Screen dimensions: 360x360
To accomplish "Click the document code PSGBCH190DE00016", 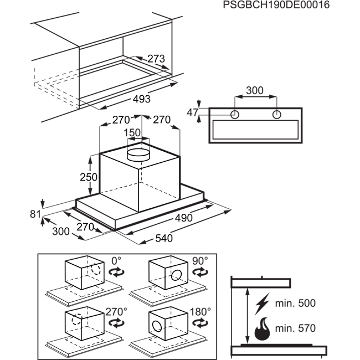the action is click(276, 5).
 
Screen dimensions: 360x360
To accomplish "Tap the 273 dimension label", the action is click(156, 59).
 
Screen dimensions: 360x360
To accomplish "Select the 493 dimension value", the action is click(142, 99).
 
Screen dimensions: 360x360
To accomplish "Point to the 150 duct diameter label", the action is click(132, 133).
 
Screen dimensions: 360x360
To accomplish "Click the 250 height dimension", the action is click(89, 177).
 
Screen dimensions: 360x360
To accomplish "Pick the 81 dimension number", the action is click(35, 214).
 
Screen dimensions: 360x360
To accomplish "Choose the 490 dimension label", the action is click(184, 218).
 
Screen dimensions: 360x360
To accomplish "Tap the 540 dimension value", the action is click(164, 238).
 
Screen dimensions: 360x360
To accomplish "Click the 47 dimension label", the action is click(192, 112).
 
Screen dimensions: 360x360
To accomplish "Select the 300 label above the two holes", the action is click(255, 90).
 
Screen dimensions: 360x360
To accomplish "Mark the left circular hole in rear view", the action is click(235, 114).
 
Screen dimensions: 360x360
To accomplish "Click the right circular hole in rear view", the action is click(277, 114).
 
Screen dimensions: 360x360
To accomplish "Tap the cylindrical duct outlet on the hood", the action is click(138, 155).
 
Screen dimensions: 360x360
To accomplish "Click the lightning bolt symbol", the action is click(262, 304).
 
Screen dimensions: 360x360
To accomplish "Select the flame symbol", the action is click(263, 329).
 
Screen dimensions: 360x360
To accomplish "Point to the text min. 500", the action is click(295, 304).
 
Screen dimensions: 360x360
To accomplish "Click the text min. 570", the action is click(295, 328).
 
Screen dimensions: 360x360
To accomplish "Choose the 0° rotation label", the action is click(116, 261).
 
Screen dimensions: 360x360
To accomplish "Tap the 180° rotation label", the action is click(200, 312).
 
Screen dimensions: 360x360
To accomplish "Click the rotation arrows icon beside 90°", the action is click(200, 272).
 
